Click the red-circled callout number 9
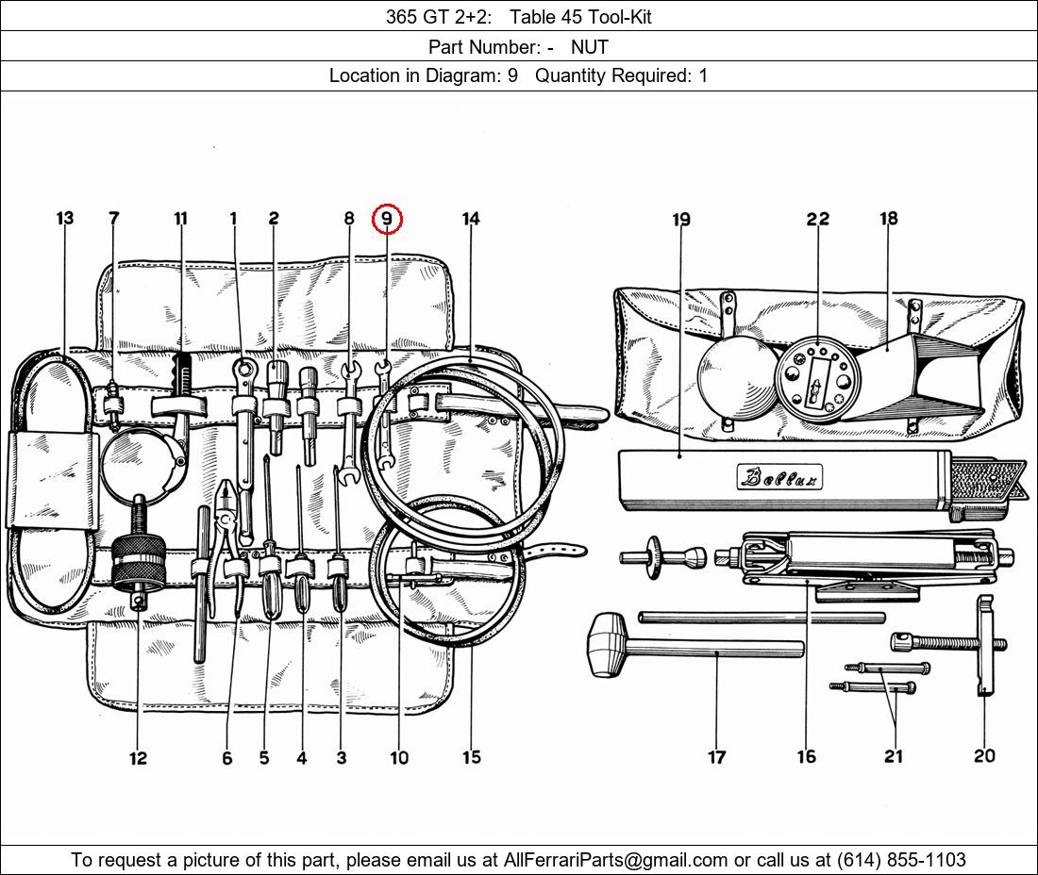pos(387,219)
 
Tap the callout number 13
pos(64,219)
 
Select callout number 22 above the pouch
pos(817,219)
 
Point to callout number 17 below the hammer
pos(716,756)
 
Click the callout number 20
pos(984,755)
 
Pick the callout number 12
pos(139,758)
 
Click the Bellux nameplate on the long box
pos(779,477)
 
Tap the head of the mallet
pos(608,644)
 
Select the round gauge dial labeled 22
pos(817,378)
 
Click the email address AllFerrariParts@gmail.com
pos(615,860)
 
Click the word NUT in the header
pos(590,46)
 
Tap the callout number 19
pos(681,220)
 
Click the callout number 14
pos(471,219)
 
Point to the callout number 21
pos(894,756)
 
